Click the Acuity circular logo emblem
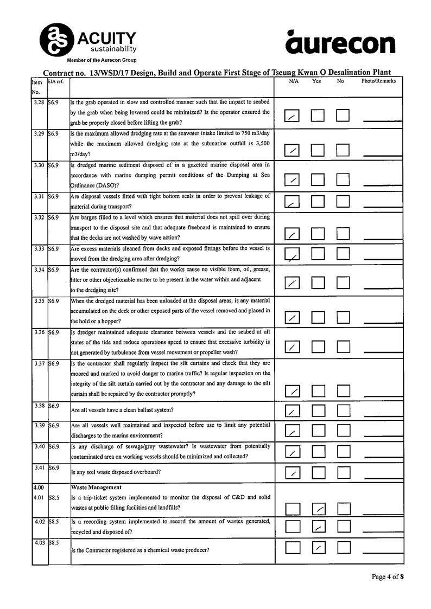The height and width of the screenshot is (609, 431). tap(56, 38)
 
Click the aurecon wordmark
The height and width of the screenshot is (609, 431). tap(340, 43)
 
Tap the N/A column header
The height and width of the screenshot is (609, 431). tap(294, 81)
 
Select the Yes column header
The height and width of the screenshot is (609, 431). tap(316, 81)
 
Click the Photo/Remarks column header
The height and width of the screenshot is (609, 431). tap(378, 81)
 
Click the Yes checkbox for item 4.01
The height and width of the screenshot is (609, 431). tap(319, 509)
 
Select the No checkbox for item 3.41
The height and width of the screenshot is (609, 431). tap(344, 472)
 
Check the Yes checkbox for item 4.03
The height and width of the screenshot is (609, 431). tap(319, 548)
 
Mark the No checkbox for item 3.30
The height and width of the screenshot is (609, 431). tap(344, 179)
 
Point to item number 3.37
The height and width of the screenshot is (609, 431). tap(39, 363)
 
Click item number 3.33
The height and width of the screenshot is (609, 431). tap(39, 248)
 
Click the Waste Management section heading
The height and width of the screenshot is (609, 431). tap(96, 487)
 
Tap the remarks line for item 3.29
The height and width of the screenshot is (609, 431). tap(383, 154)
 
